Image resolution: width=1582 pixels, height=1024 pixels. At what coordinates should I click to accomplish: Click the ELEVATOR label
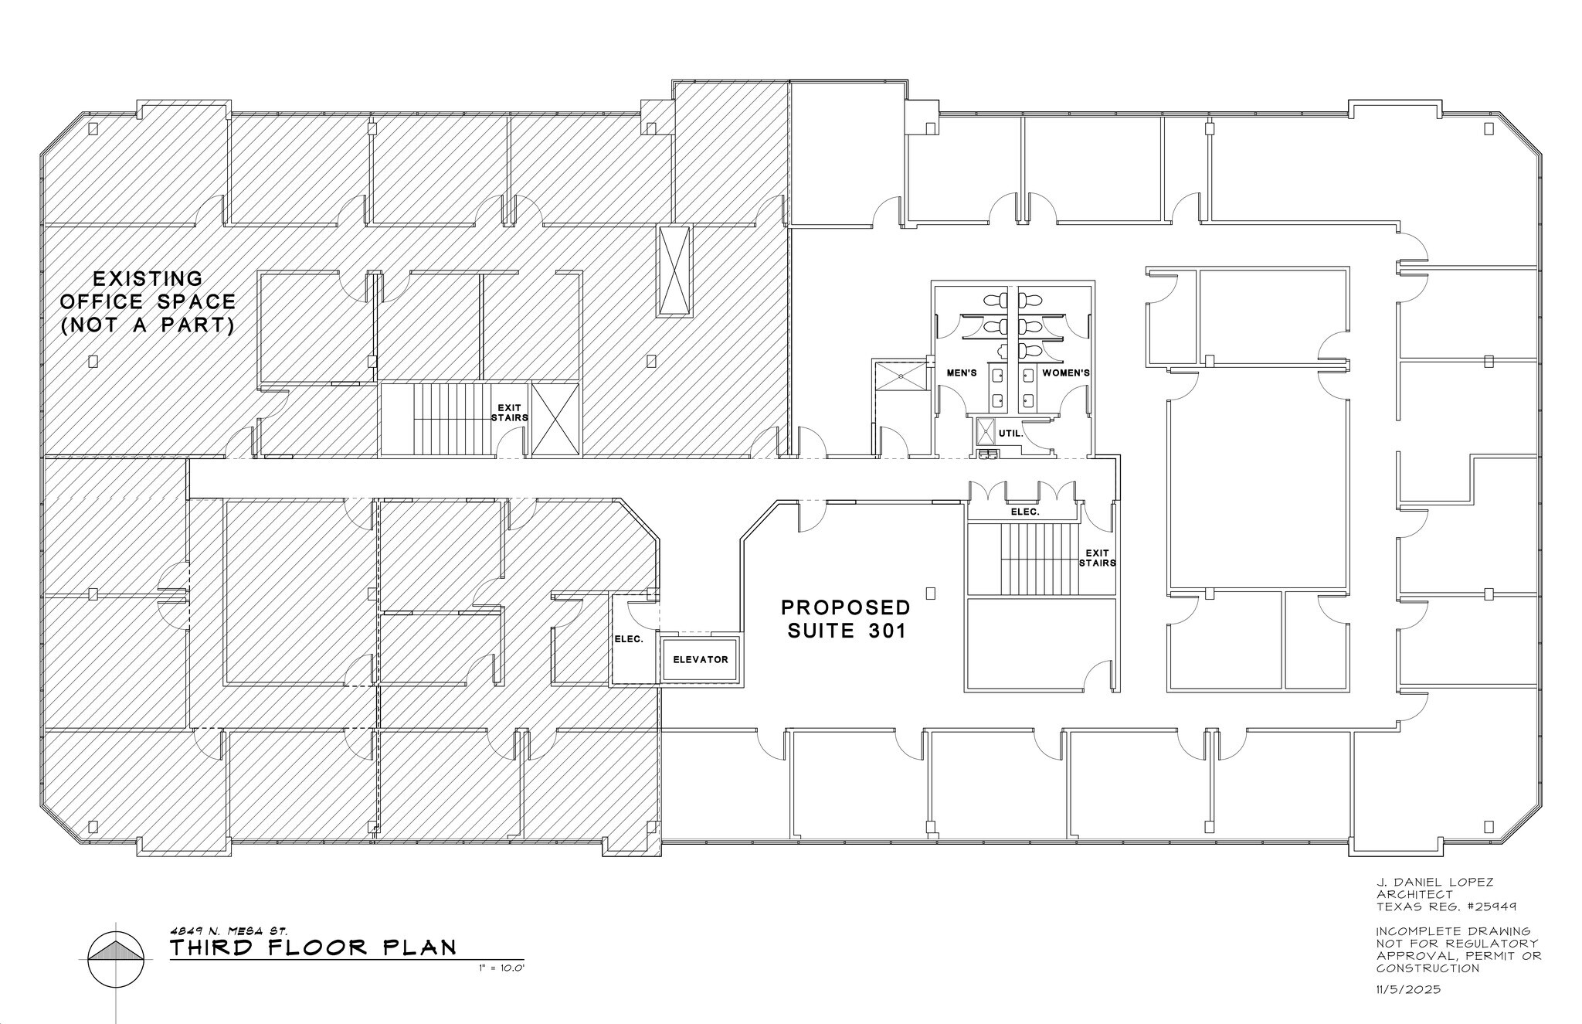[x=700, y=659]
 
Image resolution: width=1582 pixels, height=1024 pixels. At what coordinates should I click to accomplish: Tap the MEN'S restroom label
[x=962, y=373]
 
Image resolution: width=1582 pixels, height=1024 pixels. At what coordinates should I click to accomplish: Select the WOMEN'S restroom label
[x=1066, y=373]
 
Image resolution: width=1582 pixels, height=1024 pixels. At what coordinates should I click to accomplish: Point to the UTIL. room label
[x=1010, y=434]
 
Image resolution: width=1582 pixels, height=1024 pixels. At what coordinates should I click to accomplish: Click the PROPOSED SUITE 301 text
[x=846, y=619]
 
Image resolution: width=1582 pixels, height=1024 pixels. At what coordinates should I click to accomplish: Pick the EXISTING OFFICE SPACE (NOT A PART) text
[x=148, y=301]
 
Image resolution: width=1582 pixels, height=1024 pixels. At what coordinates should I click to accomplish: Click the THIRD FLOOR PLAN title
[x=314, y=947]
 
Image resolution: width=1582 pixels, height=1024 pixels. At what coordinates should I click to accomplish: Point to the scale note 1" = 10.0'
[x=502, y=968]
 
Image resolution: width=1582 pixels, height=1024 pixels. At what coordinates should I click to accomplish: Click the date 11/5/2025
[x=1408, y=989]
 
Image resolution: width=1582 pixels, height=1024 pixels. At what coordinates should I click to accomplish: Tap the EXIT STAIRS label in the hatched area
[x=510, y=413]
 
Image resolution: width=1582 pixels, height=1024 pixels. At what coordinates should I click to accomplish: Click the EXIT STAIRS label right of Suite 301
[x=1097, y=558]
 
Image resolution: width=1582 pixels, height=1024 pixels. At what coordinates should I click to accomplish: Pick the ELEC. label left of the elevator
[x=629, y=639]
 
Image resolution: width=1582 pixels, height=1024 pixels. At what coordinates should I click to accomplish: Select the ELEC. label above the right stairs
[x=1025, y=512]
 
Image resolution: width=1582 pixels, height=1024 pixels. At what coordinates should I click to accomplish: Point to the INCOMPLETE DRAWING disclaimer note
[x=1458, y=950]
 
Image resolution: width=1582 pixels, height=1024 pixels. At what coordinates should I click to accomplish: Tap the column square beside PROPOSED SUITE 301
[x=931, y=594]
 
